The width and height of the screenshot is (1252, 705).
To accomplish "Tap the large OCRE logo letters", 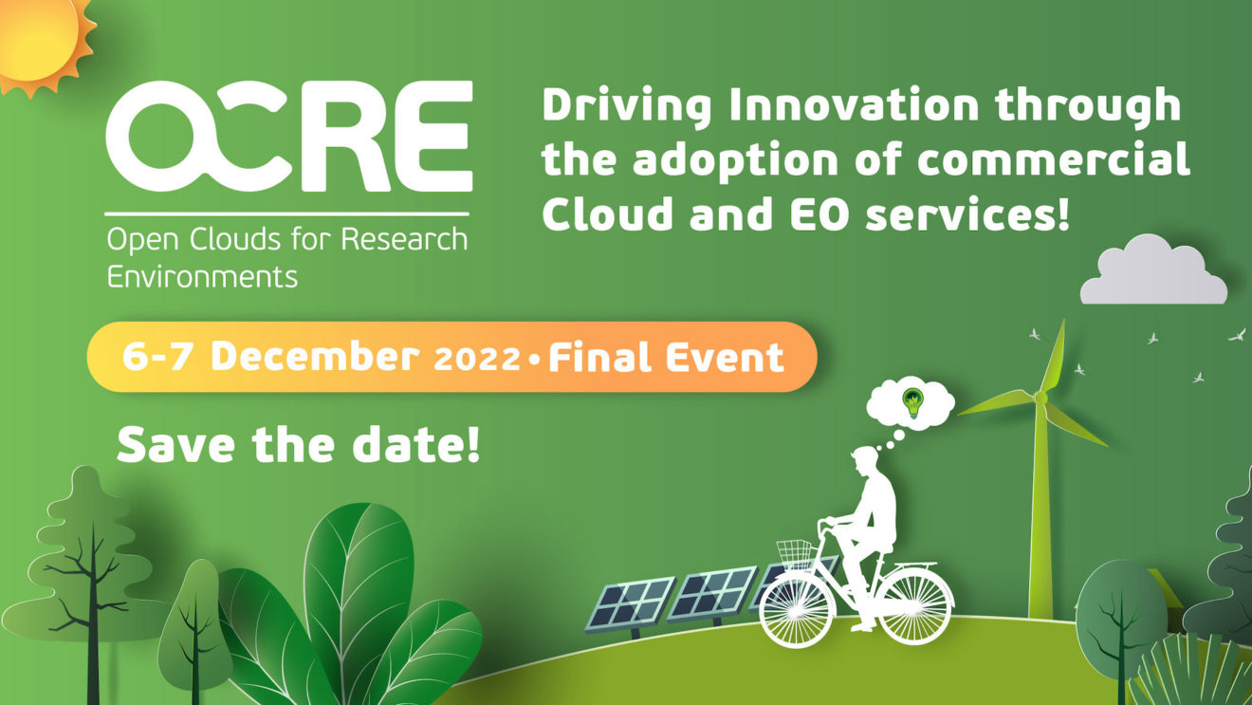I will click(x=288, y=138).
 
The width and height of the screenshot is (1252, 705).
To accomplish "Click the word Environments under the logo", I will click(x=202, y=277).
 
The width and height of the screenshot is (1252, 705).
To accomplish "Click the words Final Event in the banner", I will click(x=666, y=357).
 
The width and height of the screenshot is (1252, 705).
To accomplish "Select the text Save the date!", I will click(x=298, y=444).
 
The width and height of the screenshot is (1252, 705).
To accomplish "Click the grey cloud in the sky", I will click(x=1153, y=272).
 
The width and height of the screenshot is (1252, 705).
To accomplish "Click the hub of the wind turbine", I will click(x=1040, y=398).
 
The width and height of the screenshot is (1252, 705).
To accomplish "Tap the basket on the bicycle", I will click(x=794, y=552).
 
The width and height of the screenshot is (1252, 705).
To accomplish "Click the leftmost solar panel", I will click(x=629, y=603).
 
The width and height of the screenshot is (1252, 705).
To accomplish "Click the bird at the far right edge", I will click(x=1237, y=334).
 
